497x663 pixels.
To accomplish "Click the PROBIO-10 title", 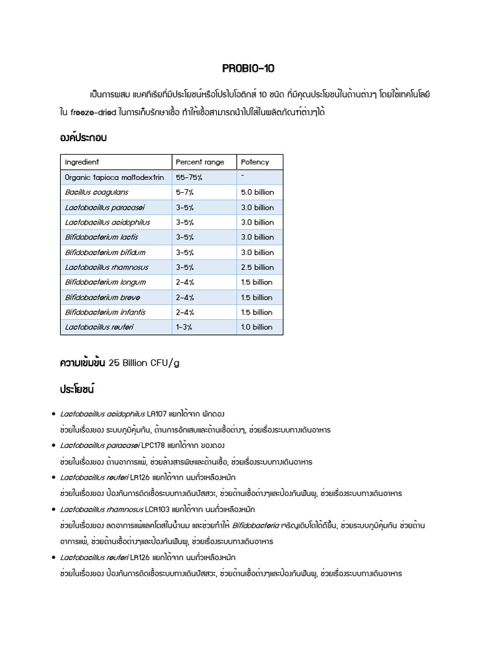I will point(248,68).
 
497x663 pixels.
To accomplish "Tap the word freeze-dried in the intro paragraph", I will point(93,112).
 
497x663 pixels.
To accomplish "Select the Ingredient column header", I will point(82,162).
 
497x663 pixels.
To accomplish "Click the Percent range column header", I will point(200,162).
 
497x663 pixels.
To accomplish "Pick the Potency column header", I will point(254,162).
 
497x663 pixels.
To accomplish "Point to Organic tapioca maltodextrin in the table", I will point(114,177).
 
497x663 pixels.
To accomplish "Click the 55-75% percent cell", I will point(189,177).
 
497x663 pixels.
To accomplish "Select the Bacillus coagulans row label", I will point(96,192).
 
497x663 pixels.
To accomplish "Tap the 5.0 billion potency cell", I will point(257,192).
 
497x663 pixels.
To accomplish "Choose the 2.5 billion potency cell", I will point(257,267).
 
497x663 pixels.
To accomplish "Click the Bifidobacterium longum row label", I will point(105,282).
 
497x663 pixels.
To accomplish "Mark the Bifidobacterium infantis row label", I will point(105,312).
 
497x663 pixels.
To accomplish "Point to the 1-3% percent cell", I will point(184,327).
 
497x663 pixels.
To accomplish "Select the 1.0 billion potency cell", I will point(257,327).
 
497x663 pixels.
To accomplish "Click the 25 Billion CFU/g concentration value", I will point(144,363).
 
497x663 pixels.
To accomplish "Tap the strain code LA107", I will point(157,413).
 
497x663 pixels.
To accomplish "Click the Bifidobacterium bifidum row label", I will point(105,253).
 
